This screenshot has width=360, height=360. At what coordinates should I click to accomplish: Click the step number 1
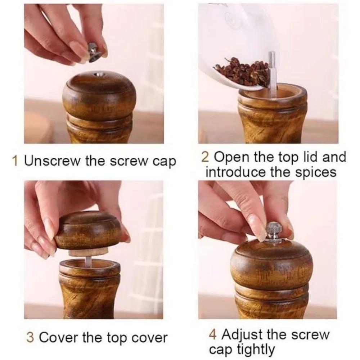point(15,161)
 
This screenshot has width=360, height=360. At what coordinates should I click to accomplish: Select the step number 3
point(31,338)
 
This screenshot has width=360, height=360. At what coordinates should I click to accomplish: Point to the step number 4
point(213,335)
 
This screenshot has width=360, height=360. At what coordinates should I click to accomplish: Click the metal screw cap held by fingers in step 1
point(94,51)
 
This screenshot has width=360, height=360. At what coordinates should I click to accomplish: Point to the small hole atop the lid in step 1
point(96,75)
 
